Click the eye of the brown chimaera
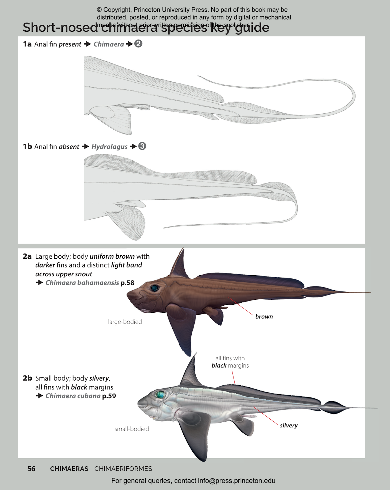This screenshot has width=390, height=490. click(x=155, y=288)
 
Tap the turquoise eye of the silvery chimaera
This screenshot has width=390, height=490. click(x=160, y=394)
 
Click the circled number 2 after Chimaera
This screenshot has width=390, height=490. click(x=138, y=44)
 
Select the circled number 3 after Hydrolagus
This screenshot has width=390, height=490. click(x=142, y=146)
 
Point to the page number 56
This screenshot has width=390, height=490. click(x=31, y=469)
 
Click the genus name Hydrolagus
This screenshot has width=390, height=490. click(x=109, y=147)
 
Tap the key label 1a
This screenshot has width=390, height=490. click(x=27, y=44)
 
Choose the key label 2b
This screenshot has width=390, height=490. click(x=27, y=378)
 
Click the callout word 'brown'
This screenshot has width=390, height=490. click(x=264, y=316)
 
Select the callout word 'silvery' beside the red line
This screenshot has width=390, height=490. click(x=289, y=425)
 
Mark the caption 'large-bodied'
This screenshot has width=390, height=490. click(x=125, y=322)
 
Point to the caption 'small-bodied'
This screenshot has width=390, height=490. click(x=132, y=429)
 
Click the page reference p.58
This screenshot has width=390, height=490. click(x=127, y=283)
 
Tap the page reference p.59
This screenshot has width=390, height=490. click(x=109, y=396)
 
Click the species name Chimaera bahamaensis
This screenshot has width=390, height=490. click(x=82, y=283)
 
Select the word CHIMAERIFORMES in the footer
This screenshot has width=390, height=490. click(x=123, y=469)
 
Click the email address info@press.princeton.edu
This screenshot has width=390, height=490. click(x=236, y=481)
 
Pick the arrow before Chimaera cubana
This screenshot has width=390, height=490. click(x=40, y=396)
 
